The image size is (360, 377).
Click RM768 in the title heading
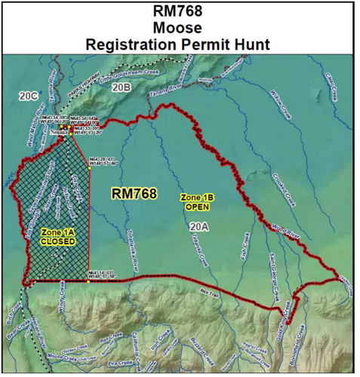(179, 13)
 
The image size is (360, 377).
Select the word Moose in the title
(179, 29)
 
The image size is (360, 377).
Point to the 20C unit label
(29, 96)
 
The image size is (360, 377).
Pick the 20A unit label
(198, 225)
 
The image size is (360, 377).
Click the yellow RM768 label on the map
(134, 194)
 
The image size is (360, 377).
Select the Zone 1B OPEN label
(197, 201)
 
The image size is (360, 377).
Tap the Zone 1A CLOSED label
(58, 237)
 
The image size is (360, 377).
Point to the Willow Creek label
(280, 105)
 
